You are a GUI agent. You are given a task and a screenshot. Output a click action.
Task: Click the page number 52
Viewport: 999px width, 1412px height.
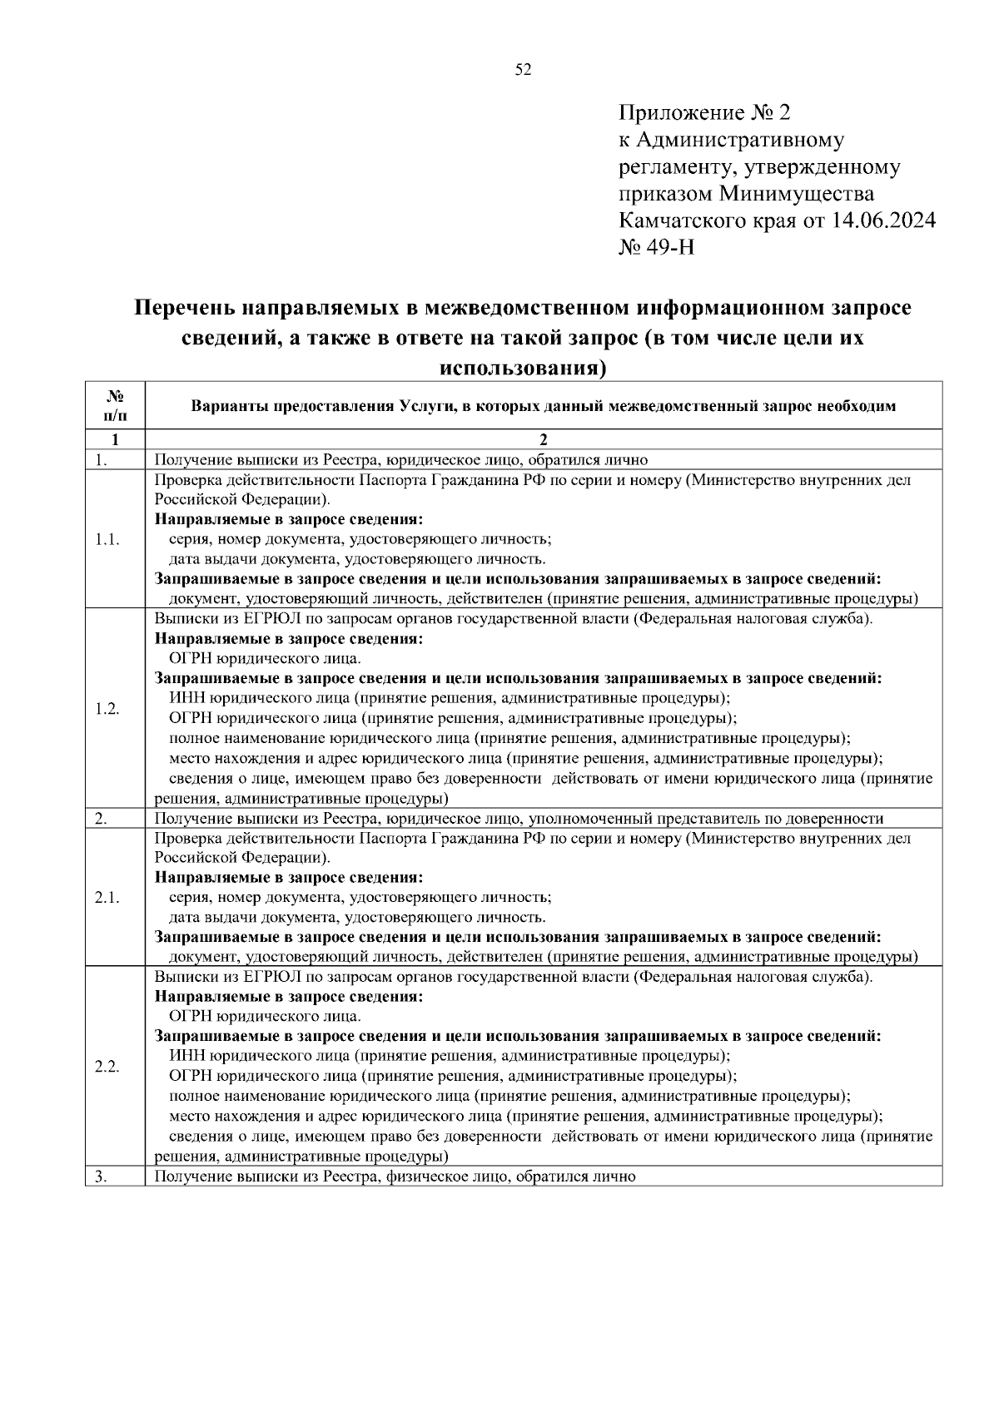click(523, 70)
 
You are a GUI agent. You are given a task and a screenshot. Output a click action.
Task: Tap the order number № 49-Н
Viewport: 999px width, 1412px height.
click(658, 248)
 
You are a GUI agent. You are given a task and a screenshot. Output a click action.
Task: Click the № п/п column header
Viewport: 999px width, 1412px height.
click(116, 405)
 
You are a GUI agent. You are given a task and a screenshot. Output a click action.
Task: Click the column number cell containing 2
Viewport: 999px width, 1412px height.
click(544, 440)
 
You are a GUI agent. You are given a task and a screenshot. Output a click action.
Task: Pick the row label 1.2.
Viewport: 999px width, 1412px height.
click(107, 709)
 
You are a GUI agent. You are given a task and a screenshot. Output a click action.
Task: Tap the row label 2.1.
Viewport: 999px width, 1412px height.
click(107, 897)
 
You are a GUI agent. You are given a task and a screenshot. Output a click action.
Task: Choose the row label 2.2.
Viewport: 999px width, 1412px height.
click(107, 1067)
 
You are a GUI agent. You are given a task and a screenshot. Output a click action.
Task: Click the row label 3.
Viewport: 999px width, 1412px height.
click(101, 1177)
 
